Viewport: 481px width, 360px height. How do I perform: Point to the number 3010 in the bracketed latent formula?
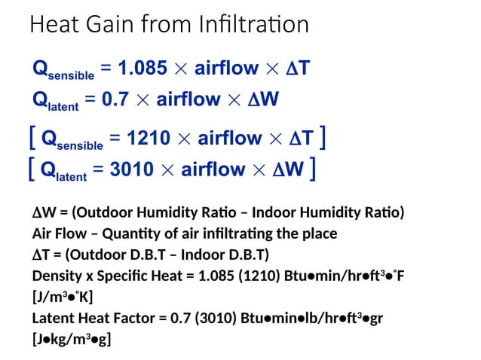tap(137, 169)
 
